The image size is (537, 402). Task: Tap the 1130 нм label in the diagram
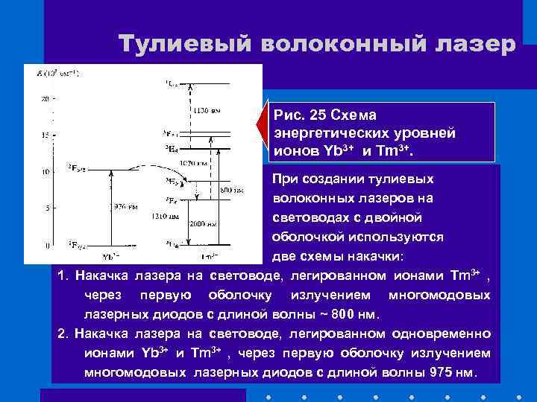coord(206,111)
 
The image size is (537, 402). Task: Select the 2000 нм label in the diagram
coord(200,223)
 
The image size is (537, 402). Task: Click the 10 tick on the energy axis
coord(46,172)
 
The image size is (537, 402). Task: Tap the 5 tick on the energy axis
coord(48,208)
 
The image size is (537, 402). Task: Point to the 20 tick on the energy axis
coord(45,99)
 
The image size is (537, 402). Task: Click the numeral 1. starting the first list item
coord(63,276)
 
